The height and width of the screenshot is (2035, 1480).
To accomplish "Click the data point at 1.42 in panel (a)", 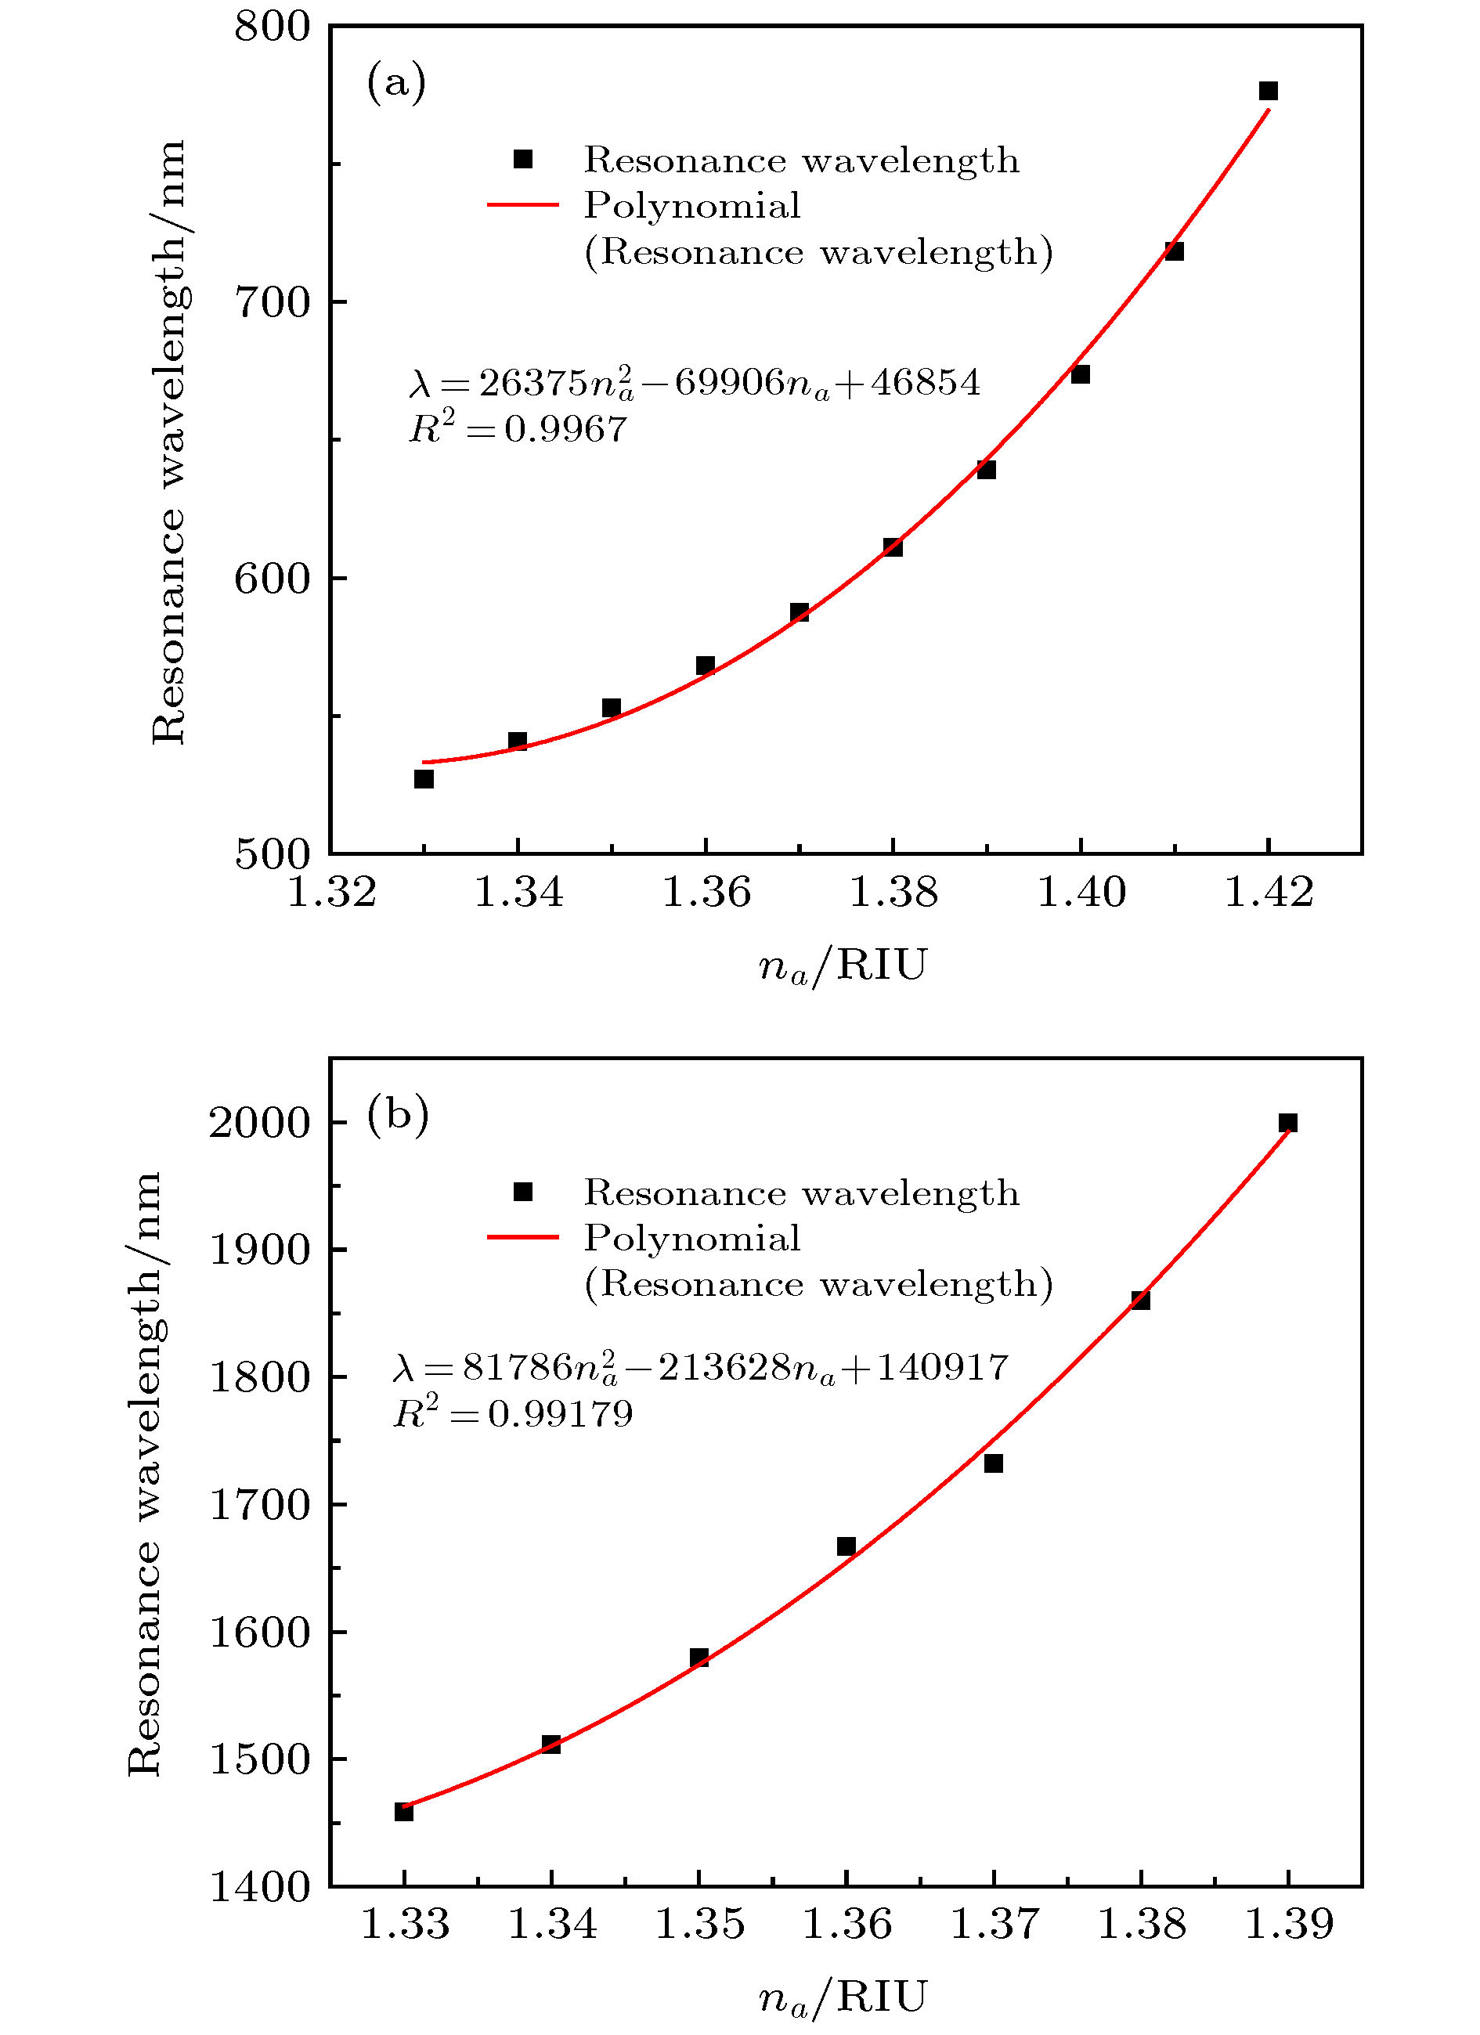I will click(1269, 91).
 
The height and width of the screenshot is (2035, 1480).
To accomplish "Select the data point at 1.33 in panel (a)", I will click(424, 779).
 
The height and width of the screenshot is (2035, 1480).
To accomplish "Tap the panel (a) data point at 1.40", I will click(1081, 374).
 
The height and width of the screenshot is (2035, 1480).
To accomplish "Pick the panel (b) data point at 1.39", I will click(1288, 1123).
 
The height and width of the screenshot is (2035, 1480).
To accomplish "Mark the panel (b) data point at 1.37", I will click(994, 1463).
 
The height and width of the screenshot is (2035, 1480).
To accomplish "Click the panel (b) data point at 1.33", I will click(404, 1812).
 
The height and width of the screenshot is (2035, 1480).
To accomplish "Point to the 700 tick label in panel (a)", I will click(272, 302).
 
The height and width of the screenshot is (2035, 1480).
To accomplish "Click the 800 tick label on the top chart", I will click(272, 26).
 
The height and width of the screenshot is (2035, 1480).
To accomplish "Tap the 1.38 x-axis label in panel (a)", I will click(893, 892).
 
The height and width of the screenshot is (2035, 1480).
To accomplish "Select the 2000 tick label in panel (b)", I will click(259, 1123).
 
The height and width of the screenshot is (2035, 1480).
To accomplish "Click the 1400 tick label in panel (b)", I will click(259, 1887).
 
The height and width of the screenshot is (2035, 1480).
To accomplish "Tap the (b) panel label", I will click(398, 1115).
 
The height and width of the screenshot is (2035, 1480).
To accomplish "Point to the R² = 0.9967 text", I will click(518, 429).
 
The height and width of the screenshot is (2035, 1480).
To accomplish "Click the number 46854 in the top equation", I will click(926, 383).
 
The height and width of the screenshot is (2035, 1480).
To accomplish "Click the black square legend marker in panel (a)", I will click(522, 160).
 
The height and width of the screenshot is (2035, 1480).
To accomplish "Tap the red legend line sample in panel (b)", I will click(522, 1237).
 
